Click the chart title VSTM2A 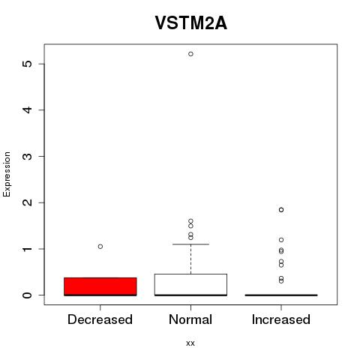pos(191,23)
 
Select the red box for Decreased pos(100,286)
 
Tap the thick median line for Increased pos(281,295)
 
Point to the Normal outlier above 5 pos(190,54)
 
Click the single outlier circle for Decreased pos(100,247)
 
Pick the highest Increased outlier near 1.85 pos(281,210)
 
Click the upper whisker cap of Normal pos(190,244)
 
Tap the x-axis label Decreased pos(100,319)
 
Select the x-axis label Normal pos(190,319)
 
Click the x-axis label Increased pos(281,319)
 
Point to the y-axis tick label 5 pos(28,64)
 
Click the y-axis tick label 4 pos(28,109)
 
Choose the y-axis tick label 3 pos(28,156)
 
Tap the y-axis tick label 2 pos(28,202)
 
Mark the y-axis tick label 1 pos(28,249)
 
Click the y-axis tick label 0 pos(28,295)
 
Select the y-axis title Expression pos(7,174)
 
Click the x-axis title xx pos(190,343)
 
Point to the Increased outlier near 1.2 pos(281,240)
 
